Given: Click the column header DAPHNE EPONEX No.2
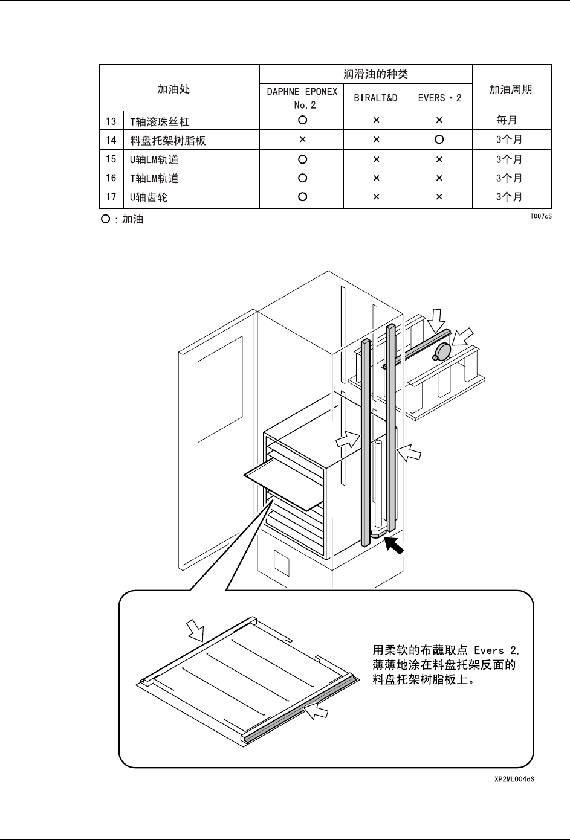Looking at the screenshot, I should pos(302,97).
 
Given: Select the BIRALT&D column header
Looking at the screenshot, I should pos(375,98).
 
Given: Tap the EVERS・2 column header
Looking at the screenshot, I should pos(439,98).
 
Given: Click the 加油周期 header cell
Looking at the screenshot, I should pos(511,89).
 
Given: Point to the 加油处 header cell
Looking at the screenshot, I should pos(173,89).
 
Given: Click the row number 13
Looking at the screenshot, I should pos(111,121).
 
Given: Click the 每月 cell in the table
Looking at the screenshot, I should pos(507,120).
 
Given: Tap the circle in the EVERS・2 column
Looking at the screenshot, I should pos(439,139).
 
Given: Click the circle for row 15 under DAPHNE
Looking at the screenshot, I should pos(302,159).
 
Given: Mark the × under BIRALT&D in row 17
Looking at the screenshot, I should pos(376,197).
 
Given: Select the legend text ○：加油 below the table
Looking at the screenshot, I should pos(123,219).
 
